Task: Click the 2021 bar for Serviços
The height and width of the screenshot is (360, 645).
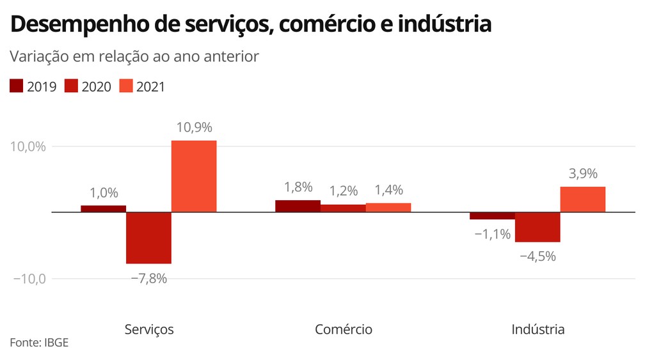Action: [193, 176]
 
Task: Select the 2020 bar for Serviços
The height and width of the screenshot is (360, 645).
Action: [148, 237]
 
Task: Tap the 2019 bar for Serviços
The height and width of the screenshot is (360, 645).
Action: [103, 208]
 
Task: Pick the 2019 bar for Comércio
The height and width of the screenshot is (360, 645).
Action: [298, 206]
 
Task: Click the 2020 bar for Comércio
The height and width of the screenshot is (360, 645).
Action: [343, 208]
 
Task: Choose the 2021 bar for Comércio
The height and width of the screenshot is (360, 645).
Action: [388, 207]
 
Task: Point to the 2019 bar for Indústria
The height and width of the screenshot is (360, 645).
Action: [492, 215]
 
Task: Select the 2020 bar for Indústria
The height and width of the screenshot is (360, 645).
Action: [537, 227]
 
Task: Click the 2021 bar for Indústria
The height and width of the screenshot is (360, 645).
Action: [582, 199]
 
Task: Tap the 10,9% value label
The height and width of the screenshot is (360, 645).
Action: [193, 127]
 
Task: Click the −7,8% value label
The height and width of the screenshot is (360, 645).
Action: [148, 278]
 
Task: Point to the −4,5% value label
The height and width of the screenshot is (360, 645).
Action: [537, 256]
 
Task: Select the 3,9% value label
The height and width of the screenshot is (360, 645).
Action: [582, 173]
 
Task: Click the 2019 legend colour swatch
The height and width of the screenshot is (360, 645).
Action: [17, 86]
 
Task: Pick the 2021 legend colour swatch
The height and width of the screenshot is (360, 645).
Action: [126, 86]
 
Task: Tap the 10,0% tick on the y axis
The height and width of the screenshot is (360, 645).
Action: [28, 146]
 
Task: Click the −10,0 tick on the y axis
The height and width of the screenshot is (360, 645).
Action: [28, 279]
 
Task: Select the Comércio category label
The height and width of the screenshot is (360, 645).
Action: [343, 329]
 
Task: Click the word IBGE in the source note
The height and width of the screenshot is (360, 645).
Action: [56, 343]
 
